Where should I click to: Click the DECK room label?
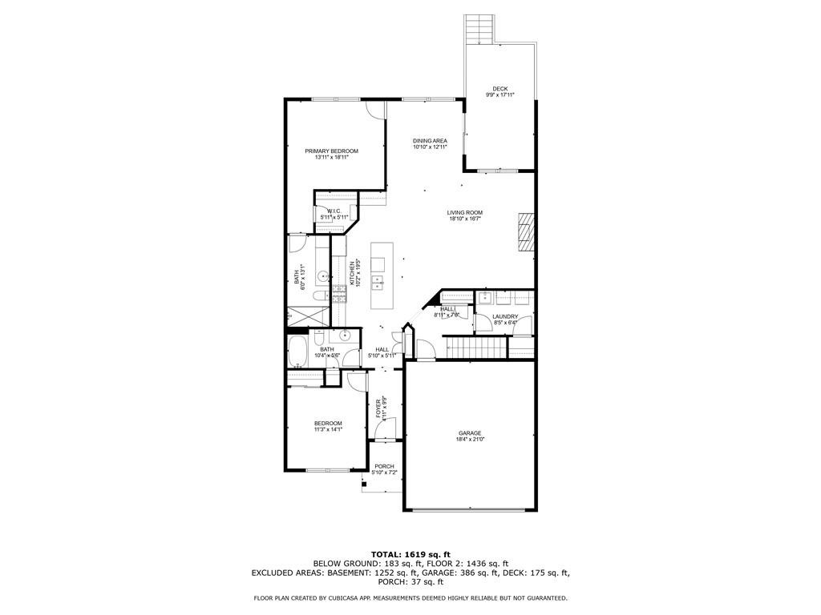(499, 89)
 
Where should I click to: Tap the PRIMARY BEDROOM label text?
(331, 151)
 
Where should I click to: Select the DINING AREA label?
(430, 141)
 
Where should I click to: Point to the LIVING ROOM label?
(465, 212)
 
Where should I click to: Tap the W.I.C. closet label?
(334, 211)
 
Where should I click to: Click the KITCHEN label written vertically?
(351, 272)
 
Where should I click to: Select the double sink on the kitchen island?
(377, 281)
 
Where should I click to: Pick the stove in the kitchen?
(338, 293)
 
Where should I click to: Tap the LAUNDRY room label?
(505, 316)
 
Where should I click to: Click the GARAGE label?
(470, 433)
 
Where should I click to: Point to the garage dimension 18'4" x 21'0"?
(470, 440)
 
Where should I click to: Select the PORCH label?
(384, 466)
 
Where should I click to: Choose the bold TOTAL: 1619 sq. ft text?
(410, 554)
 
